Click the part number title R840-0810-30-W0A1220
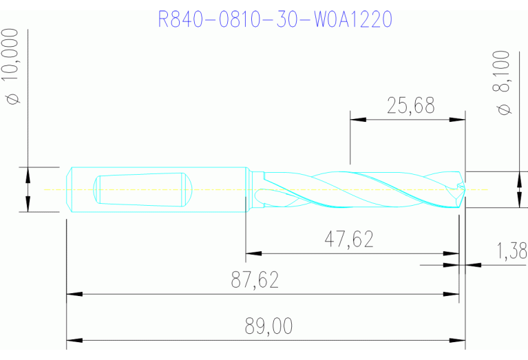[x=275, y=19]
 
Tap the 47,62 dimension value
[x=349, y=239]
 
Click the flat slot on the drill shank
[x=141, y=189]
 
